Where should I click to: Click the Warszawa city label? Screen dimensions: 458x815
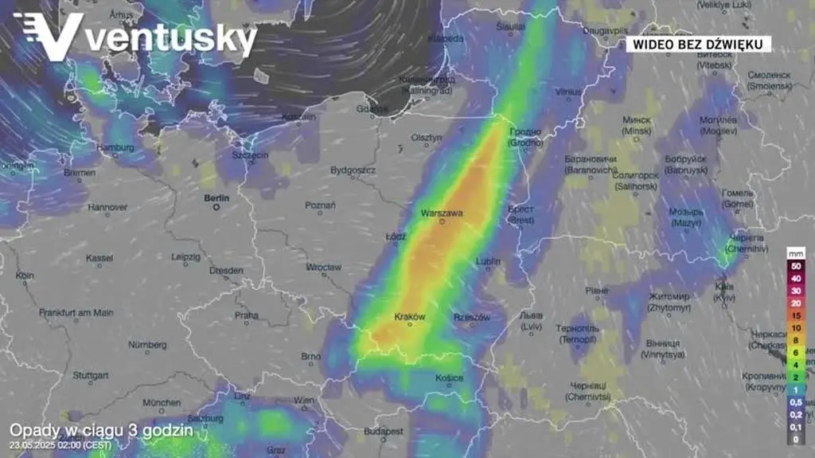click(x=442, y=213)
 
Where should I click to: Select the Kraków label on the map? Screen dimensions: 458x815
click(x=410, y=316)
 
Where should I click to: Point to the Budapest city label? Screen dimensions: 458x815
click(x=384, y=431)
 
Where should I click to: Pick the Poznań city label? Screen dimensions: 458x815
click(x=320, y=206)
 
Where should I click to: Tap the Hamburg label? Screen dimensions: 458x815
click(x=115, y=147)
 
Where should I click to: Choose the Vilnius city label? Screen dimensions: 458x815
click(x=568, y=92)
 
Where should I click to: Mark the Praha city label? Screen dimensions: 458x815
click(x=246, y=315)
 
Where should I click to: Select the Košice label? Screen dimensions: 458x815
click(x=450, y=378)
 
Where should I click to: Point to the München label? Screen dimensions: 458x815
click(x=162, y=402)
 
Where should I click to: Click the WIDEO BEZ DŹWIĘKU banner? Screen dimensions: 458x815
click(x=698, y=45)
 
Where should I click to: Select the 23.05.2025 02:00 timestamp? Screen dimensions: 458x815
click(x=60, y=444)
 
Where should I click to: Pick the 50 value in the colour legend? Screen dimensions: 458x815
click(x=797, y=265)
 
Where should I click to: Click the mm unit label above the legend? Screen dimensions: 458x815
click(x=797, y=252)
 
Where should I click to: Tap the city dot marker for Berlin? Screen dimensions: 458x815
click(x=216, y=207)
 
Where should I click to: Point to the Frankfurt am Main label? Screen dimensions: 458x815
click(x=76, y=313)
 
